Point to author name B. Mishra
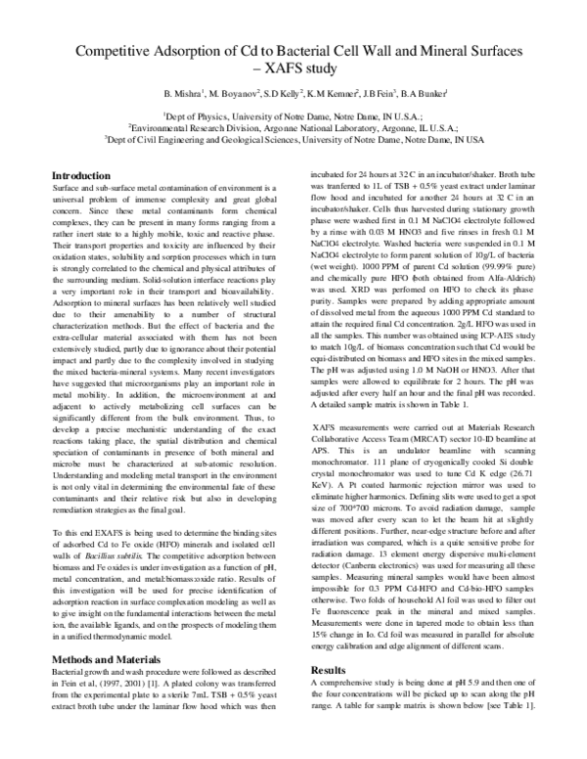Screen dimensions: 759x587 [x=191, y=94]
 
